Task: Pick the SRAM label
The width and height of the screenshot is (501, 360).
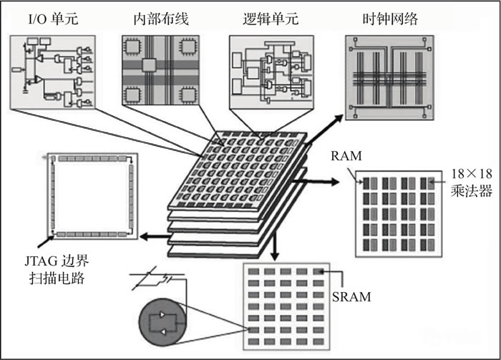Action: [354, 296]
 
